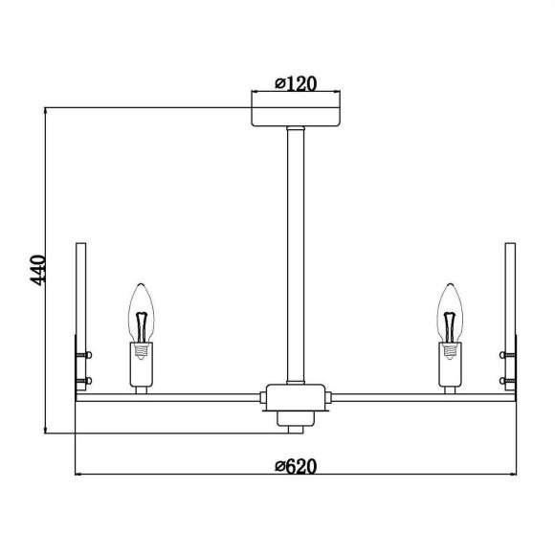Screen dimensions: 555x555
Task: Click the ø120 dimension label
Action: [x=296, y=83]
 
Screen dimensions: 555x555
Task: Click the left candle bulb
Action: [x=142, y=311]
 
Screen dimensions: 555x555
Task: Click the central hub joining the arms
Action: [x=296, y=394]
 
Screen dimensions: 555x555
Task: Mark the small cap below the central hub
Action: [x=296, y=418]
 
